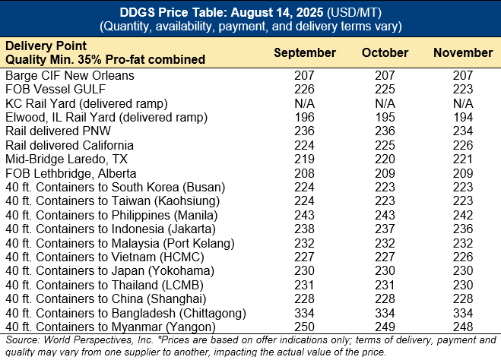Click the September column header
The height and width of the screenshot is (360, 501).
tap(304, 53)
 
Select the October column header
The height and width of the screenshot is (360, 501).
tap(385, 53)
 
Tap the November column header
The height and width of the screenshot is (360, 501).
tap(462, 53)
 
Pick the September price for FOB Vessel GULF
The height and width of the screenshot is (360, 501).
tap(305, 90)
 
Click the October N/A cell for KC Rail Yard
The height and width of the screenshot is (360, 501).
tap(385, 103)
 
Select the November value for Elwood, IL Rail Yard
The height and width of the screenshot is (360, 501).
tap(462, 118)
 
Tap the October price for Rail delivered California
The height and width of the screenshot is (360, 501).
tap(385, 145)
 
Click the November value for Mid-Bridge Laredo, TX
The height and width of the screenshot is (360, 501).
tap(462, 159)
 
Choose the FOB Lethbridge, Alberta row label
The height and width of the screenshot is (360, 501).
tap(62, 172)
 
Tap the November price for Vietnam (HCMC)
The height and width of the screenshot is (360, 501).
tap(462, 256)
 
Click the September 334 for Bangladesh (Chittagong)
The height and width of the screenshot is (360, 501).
tap(305, 311)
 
